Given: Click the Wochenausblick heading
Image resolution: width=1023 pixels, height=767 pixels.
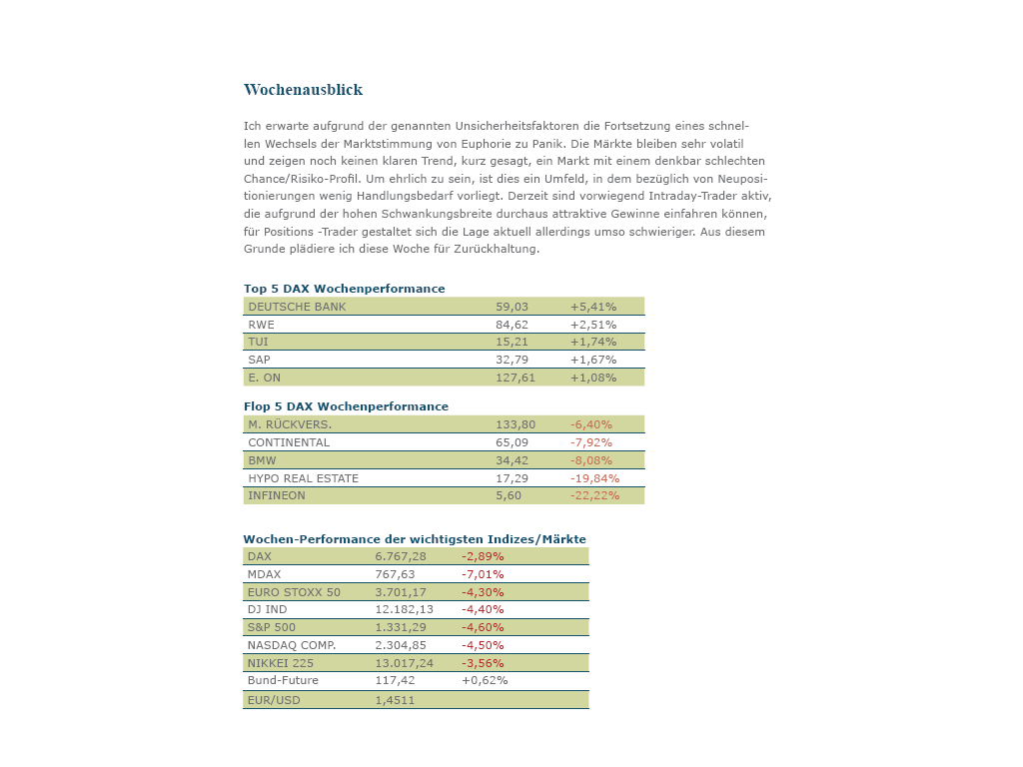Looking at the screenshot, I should tap(303, 90).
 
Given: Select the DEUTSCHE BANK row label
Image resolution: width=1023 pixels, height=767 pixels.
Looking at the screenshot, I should tap(297, 307).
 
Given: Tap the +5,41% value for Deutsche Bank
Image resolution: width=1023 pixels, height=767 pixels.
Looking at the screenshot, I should tap(593, 307).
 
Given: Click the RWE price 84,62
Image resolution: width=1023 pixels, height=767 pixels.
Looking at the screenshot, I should tap(511, 325).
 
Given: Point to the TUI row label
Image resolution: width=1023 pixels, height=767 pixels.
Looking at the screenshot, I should tap(258, 342).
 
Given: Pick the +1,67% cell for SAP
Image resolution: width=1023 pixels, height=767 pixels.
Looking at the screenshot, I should tap(593, 360).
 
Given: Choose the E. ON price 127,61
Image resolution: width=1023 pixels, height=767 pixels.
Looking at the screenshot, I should tap(515, 378).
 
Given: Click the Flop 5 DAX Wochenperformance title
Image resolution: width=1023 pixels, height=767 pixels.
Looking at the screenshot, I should tap(346, 406).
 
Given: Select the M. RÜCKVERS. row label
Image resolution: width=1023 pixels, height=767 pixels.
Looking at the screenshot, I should tap(290, 424).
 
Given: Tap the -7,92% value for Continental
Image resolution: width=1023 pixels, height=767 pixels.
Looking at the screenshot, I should tap(591, 442).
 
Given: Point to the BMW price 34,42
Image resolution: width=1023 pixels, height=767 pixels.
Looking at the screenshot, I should tap(511, 460).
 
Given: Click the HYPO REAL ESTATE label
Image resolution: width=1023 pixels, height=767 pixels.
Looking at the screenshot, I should tap(303, 478).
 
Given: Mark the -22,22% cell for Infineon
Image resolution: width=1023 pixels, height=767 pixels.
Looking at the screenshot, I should tap(594, 495).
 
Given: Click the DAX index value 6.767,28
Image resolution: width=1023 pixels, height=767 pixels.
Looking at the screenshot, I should tap(401, 556).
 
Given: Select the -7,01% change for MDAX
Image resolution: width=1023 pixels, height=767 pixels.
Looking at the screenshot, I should tap(483, 574).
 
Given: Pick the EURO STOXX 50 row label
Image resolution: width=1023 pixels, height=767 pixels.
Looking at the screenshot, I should tap(294, 592).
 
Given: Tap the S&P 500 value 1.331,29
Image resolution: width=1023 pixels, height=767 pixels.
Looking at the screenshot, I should tap(401, 627).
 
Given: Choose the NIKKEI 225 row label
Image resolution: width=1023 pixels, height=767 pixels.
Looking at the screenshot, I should tap(281, 663).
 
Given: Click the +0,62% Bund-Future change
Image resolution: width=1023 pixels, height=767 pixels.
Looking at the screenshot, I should tap(485, 680).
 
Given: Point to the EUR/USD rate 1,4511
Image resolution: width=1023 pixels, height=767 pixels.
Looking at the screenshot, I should tap(395, 700).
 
